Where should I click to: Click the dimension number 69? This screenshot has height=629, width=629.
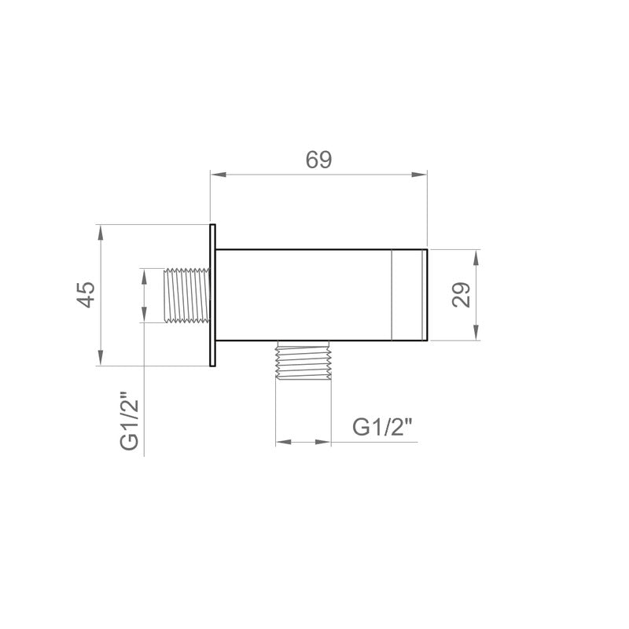318,160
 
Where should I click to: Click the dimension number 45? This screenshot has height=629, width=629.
86,296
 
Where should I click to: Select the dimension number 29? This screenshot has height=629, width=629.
462,295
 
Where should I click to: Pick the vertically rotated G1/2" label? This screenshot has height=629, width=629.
131,421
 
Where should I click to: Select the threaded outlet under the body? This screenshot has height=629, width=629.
303,362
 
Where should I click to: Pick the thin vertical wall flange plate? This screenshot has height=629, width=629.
212,295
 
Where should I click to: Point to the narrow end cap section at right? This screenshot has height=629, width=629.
409,295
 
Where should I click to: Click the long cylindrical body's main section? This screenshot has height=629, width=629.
303,295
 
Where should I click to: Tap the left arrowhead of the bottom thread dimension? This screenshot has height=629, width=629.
281,443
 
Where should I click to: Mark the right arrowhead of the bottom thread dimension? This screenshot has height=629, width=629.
324,443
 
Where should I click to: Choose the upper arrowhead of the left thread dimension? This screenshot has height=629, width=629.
144,276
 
